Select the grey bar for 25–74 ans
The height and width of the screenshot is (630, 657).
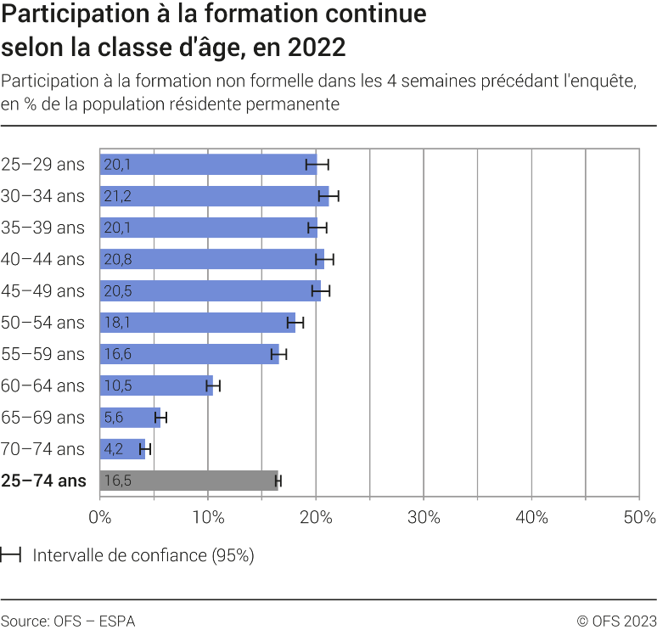coord(188,481)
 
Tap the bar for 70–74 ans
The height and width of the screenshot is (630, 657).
coord(122,449)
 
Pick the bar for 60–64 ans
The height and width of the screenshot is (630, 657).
coord(156,386)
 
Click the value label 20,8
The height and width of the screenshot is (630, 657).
coord(117,259)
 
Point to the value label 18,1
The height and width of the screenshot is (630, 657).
coord(117,323)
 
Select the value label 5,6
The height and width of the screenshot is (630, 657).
coord(114,418)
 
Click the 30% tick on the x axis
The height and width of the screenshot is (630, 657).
coord(424,517)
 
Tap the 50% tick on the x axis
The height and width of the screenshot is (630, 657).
coord(638,517)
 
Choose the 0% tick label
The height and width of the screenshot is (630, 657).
coord(100,517)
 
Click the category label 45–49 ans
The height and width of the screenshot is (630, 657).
coord(43,291)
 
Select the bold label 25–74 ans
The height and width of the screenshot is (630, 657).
coord(43,481)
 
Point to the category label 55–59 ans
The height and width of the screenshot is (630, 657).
coord(43,354)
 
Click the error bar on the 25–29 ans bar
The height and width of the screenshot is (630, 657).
coord(317,165)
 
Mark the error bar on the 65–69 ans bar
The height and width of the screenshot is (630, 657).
coord(160,418)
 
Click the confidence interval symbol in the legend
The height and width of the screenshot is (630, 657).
coord(11,555)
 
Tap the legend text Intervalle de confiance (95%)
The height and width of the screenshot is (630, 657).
coord(143,555)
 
